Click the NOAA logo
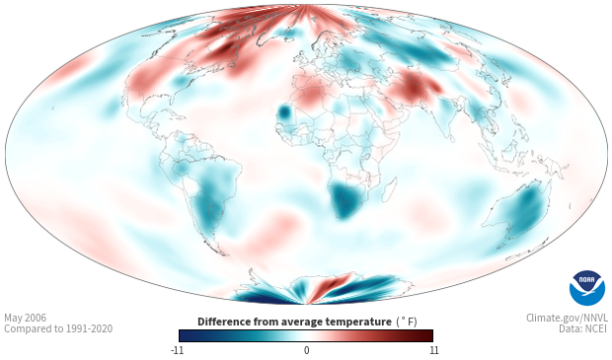[x=587, y=288]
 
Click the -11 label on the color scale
[x=177, y=350]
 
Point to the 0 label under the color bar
[x=306, y=350]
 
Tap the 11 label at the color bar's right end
[x=433, y=350]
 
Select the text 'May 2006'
[x=25, y=318]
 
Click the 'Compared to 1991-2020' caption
[x=58, y=328]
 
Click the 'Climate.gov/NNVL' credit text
[x=567, y=318]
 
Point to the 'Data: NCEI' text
[x=583, y=328]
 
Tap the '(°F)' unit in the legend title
[x=407, y=323]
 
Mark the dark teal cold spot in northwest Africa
[x=283, y=112]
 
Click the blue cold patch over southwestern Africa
[x=345, y=200]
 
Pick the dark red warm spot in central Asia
[x=414, y=87]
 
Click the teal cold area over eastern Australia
[x=527, y=211]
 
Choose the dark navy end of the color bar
[x=185, y=335]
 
